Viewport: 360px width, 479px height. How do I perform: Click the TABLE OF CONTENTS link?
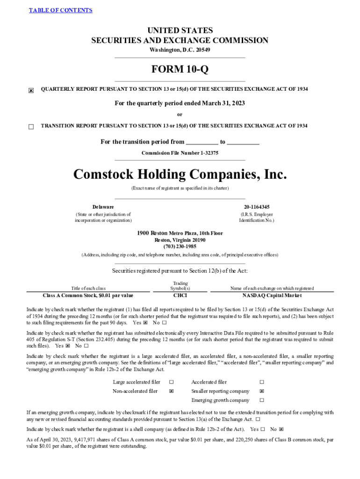coord(61,10)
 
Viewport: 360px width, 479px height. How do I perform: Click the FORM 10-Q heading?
coord(180,70)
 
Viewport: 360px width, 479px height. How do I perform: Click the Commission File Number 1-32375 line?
coord(180,153)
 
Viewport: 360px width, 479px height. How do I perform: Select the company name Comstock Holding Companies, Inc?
coord(180,174)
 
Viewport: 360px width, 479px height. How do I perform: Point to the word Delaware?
coord(103,207)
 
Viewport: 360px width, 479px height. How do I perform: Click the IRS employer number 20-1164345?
coord(256,207)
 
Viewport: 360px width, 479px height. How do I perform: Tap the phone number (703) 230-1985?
coord(180,247)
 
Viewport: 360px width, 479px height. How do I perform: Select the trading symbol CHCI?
coord(180,296)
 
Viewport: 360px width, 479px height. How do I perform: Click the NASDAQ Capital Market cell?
coord(272,296)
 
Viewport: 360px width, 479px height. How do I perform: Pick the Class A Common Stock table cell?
coord(88,296)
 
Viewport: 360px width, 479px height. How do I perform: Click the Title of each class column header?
coord(88,289)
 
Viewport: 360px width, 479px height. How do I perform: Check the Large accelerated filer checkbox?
coord(171,382)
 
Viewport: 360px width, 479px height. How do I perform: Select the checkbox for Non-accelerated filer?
coord(171,391)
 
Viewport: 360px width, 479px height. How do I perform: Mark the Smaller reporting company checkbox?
coord(262,391)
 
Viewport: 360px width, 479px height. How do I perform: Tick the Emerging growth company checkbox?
coord(262,400)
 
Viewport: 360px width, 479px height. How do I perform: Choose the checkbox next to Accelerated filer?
coord(262,382)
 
